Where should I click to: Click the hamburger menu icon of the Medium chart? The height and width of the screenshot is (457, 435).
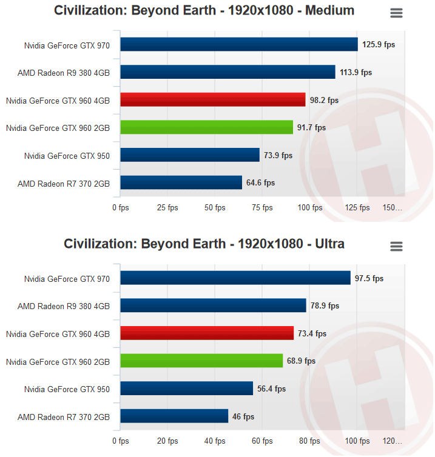pos(396,13)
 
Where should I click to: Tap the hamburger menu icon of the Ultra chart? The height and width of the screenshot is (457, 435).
pos(396,246)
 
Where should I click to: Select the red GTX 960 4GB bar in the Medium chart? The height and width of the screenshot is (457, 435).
pos(212,100)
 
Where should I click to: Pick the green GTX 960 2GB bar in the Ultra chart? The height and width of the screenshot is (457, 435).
pos(201,361)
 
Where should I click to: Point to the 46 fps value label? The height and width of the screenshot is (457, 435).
pos(244,416)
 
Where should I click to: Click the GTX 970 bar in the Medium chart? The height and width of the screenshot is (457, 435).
pos(239,45)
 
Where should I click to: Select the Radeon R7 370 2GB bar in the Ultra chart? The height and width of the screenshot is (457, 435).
pos(174,416)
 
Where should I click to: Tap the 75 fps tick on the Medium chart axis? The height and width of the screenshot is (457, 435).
pos(263,208)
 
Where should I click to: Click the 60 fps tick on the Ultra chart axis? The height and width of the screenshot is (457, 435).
pos(263,441)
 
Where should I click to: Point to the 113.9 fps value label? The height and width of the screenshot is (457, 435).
pos(356,72)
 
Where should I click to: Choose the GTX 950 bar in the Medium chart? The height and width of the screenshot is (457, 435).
pos(190,155)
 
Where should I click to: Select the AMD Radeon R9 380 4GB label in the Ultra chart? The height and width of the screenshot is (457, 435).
pos(64,306)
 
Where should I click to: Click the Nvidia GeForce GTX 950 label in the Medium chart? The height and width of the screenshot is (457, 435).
pos(67,156)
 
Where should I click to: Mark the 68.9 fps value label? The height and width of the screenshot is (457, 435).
pos(302,361)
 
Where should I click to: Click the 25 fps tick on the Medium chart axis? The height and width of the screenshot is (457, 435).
pos(167,208)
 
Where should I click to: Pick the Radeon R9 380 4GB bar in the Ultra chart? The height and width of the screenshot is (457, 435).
pos(213,305)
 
